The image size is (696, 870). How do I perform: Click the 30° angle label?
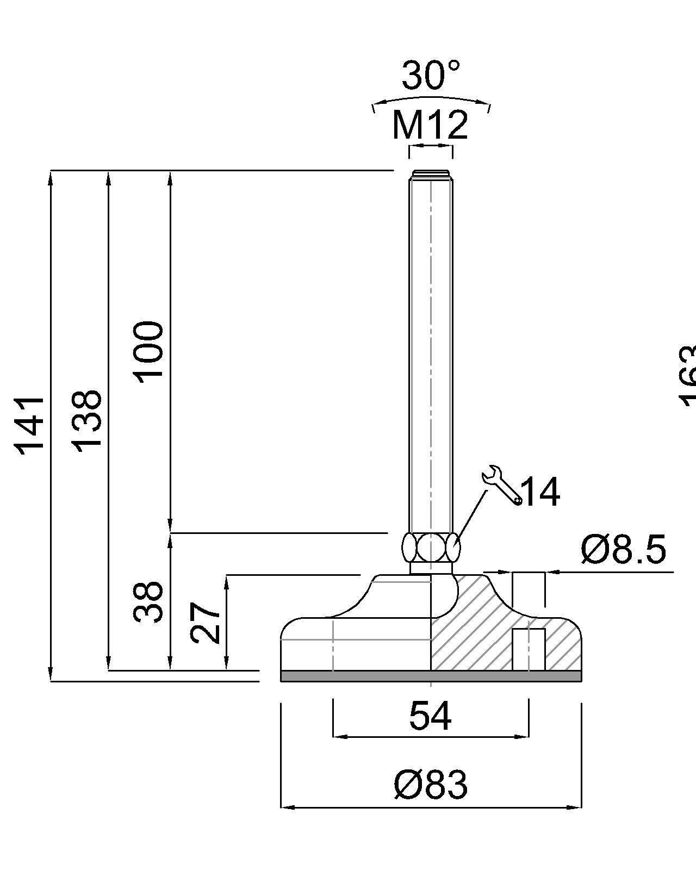431,76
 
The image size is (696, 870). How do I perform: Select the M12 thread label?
430,126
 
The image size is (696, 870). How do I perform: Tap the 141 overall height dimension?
30,426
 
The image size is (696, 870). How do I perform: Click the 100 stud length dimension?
148,352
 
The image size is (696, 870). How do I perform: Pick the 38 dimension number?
148,602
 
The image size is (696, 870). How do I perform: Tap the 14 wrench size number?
539,492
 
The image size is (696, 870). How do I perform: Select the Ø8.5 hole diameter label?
623,549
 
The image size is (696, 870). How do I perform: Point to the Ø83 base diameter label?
430,785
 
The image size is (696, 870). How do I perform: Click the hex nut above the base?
431,548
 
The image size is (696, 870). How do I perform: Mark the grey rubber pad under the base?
431,676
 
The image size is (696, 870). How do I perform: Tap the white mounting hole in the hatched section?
529,649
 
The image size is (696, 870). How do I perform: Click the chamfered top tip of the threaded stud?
431,174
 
